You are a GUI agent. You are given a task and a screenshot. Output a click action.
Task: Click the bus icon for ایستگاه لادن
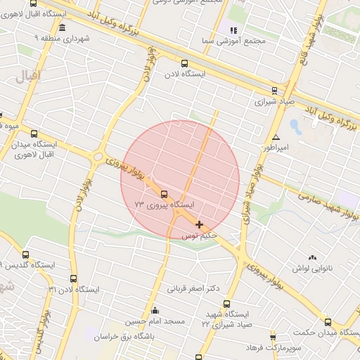tap(184, 63)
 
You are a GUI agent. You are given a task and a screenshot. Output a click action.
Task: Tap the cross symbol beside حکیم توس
tap(200, 225)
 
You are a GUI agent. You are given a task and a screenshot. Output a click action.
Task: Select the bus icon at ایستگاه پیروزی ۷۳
tap(164, 194)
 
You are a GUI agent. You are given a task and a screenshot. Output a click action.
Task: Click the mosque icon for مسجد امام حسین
tap(155, 310)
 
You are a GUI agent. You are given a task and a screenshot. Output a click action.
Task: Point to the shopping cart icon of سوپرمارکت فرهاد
tap(273, 337)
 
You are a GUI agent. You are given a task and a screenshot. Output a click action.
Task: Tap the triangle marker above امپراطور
tap(276, 137)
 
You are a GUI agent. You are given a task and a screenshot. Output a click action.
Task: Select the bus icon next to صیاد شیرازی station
tap(274, 90)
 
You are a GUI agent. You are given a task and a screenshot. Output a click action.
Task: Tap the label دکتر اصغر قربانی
tap(193, 288)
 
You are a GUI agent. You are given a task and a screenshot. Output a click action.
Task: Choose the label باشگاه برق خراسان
tap(124, 336)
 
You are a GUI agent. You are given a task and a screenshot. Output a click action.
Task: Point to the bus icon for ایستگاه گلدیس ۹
tap(26, 255)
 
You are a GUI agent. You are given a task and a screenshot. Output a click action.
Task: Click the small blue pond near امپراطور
tap(295, 127)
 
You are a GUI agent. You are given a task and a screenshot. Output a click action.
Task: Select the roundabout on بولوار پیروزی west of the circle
tap(98, 156)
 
